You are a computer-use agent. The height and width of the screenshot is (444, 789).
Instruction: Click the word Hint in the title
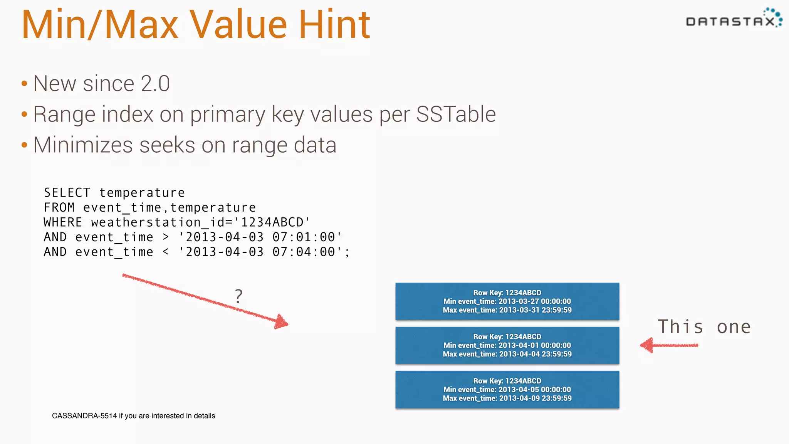pos(334,25)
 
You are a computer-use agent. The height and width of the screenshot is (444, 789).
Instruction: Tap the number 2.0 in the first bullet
pos(155,84)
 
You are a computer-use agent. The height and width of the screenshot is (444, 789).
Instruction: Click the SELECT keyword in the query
pos(67,193)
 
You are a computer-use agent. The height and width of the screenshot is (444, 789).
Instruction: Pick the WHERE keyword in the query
pos(63,222)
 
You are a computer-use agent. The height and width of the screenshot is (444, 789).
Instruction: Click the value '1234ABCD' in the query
pos(272,222)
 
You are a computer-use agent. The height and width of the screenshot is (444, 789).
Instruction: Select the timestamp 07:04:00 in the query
pos(304,252)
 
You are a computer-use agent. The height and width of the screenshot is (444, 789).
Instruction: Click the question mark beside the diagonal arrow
pos(239,296)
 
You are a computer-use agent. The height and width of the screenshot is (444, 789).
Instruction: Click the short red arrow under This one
pos(669,345)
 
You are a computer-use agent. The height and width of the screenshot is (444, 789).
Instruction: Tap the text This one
pos(704,327)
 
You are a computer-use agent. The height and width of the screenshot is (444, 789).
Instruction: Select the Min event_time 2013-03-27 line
pos(507,301)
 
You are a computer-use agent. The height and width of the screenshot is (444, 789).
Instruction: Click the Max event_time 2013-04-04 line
pos(507,354)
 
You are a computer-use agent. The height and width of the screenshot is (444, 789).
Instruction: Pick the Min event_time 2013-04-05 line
pos(507,389)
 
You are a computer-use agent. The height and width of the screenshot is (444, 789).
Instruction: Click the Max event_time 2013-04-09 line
pos(507,398)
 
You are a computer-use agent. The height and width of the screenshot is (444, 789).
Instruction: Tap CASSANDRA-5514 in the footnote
pos(84,416)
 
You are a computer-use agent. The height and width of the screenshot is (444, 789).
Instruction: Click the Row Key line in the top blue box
pos(507,293)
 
